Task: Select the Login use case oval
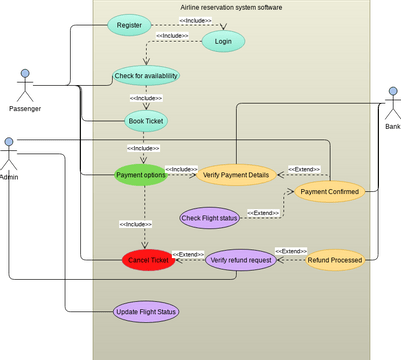pos(223,41)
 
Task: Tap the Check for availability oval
pos(146,76)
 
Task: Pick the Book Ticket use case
pos(146,120)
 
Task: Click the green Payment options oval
pos(139,175)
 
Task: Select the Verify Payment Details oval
pos(236,175)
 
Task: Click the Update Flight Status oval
pos(146,312)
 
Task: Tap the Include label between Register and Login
pos(195,20)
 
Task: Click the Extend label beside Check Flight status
pos(264,213)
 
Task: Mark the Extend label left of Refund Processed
pos(291,250)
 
